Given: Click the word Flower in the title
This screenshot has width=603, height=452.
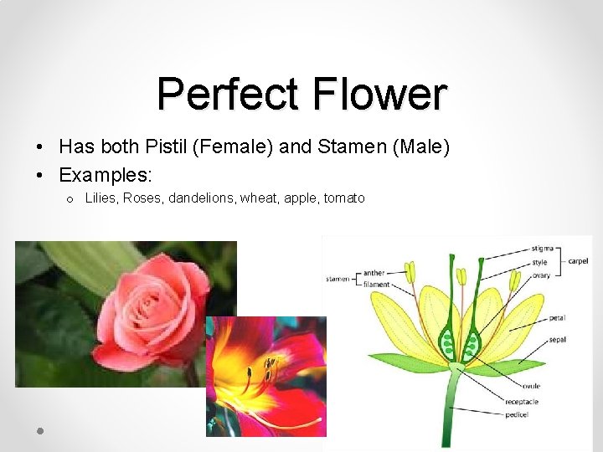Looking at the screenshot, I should coord(380,94).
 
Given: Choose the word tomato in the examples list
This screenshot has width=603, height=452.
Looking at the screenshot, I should coord(344,198).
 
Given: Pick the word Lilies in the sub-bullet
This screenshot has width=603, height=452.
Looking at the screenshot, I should coord(101,198).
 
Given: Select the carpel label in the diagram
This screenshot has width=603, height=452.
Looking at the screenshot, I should coord(578,261).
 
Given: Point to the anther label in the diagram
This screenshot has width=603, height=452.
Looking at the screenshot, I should coord(374,273).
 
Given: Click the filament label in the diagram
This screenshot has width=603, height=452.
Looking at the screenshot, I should coord(376,285).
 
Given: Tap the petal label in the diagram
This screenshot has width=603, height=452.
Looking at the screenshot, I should coord(557,318).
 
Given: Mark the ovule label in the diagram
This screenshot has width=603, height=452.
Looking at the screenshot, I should coord(532,386).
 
